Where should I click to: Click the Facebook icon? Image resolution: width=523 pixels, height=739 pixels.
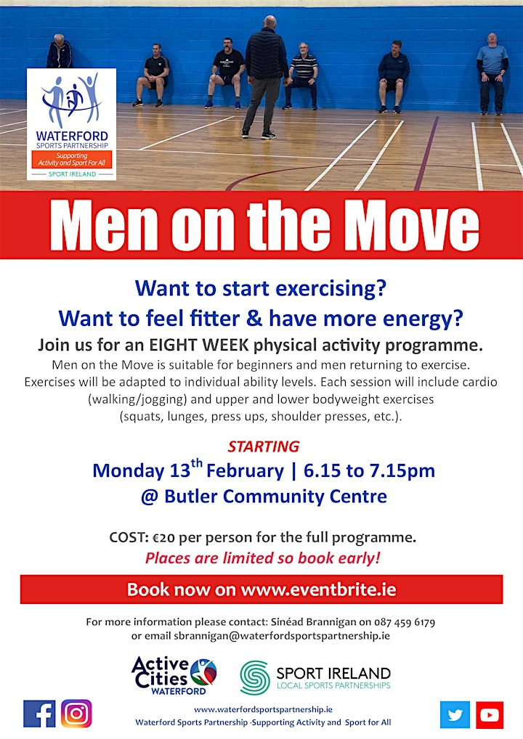point(39,714)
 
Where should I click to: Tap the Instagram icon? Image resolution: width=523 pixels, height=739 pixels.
point(76,714)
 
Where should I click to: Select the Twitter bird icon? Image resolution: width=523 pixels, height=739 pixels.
point(455,714)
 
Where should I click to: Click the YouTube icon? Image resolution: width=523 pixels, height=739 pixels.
point(490,714)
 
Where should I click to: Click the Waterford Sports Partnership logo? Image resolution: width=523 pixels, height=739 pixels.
point(72,124)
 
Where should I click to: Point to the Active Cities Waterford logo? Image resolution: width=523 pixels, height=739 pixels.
point(174,676)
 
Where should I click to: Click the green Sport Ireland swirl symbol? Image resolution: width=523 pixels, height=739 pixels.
point(255,678)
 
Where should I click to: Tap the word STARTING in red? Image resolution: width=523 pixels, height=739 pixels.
point(263,446)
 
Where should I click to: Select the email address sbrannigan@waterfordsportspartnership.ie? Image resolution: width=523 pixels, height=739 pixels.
point(282,635)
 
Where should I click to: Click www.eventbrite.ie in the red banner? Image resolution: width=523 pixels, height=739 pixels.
point(318,589)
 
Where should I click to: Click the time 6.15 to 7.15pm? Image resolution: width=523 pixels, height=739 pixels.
point(369,470)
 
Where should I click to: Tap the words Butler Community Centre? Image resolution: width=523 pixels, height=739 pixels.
point(275,497)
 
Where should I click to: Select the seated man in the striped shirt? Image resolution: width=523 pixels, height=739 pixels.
point(302,75)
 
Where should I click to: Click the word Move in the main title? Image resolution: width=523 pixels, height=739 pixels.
point(410,224)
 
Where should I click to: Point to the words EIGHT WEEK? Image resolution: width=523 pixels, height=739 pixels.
point(198,345)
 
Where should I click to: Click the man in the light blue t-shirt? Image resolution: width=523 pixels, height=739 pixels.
point(492,73)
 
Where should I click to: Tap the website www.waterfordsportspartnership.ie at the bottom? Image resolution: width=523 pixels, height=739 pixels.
point(263,709)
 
